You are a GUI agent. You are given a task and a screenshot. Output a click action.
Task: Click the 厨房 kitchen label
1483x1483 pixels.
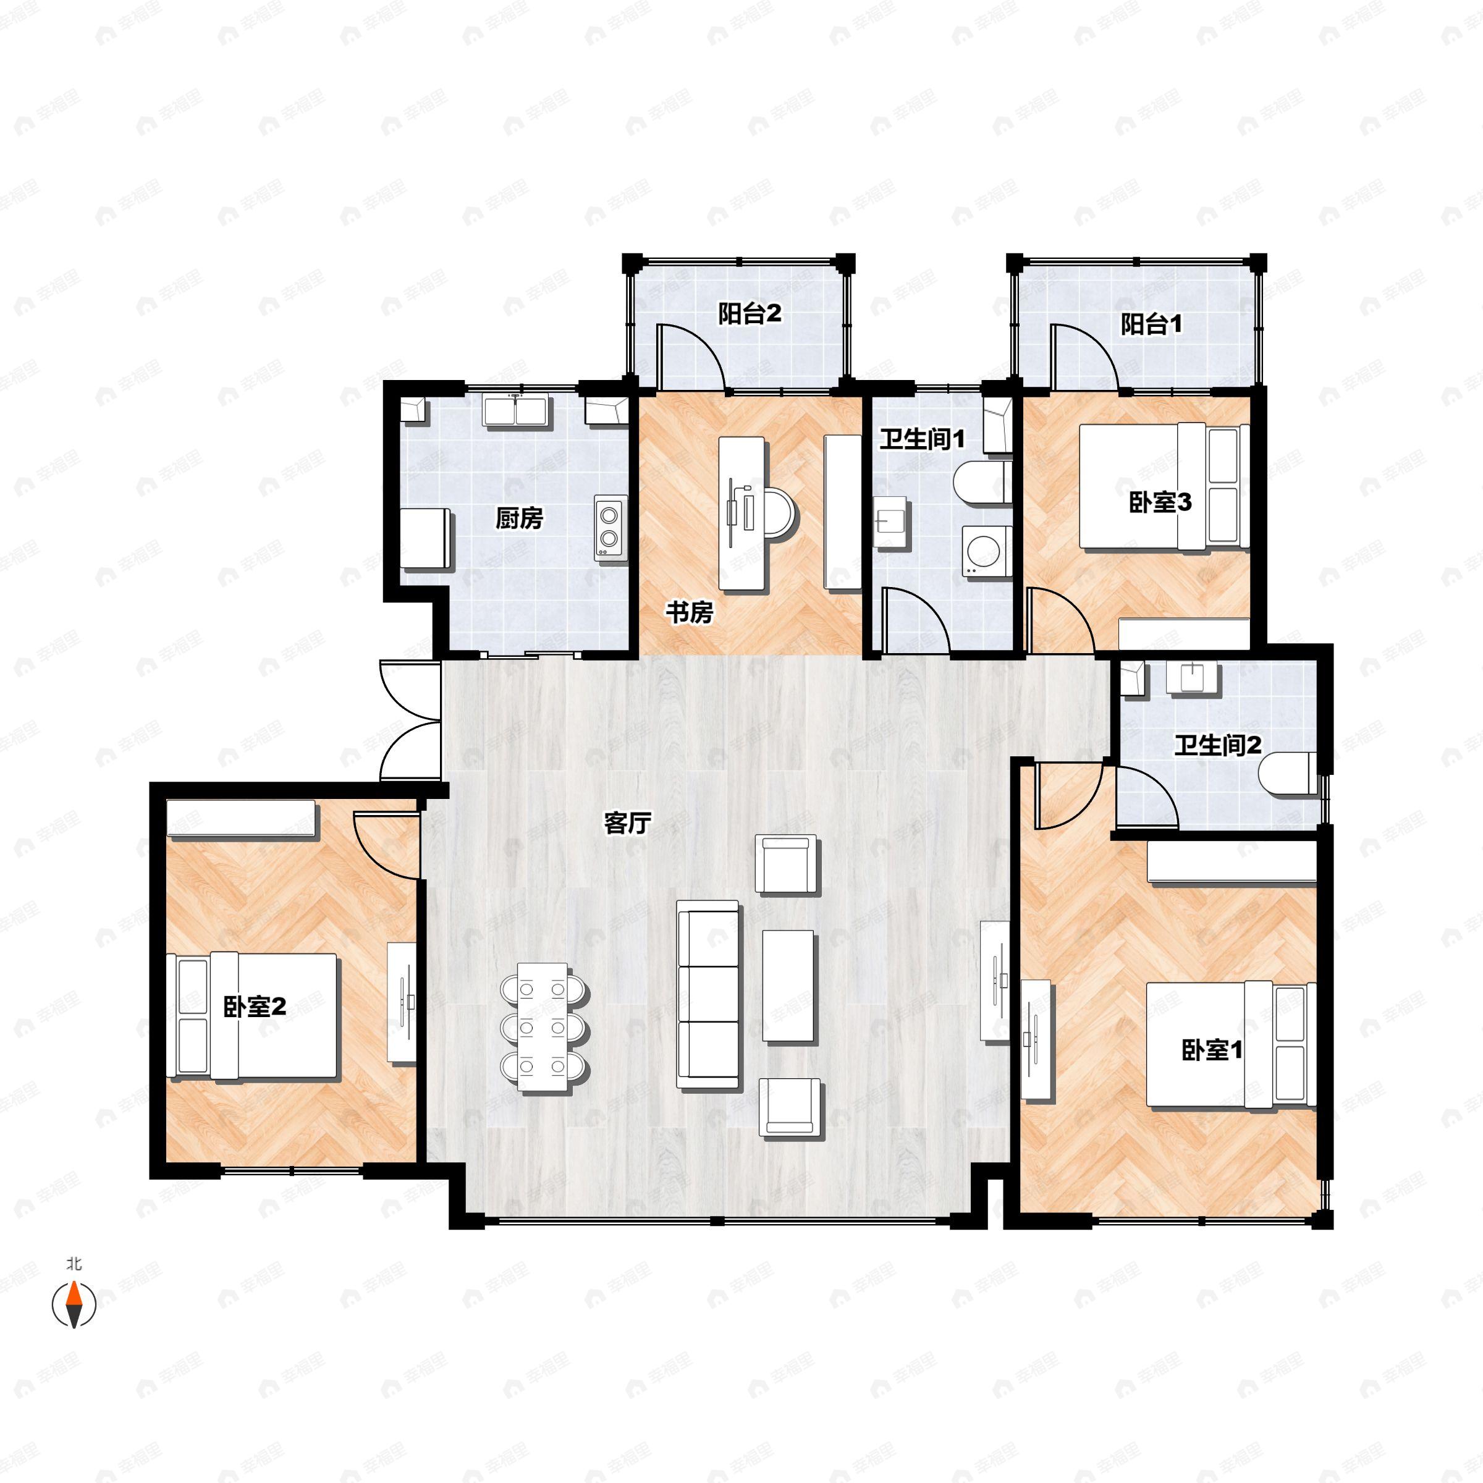point(519,519)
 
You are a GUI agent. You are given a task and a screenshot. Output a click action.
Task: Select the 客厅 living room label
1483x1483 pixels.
point(628,823)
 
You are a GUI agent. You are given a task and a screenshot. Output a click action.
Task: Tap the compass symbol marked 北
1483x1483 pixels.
point(74,1304)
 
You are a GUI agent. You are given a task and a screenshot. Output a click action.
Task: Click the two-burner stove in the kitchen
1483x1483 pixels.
point(611,526)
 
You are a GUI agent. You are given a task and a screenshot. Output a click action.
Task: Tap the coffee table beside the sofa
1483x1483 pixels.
point(788,986)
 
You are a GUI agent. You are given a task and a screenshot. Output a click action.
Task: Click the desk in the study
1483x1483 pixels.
point(742,514)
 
